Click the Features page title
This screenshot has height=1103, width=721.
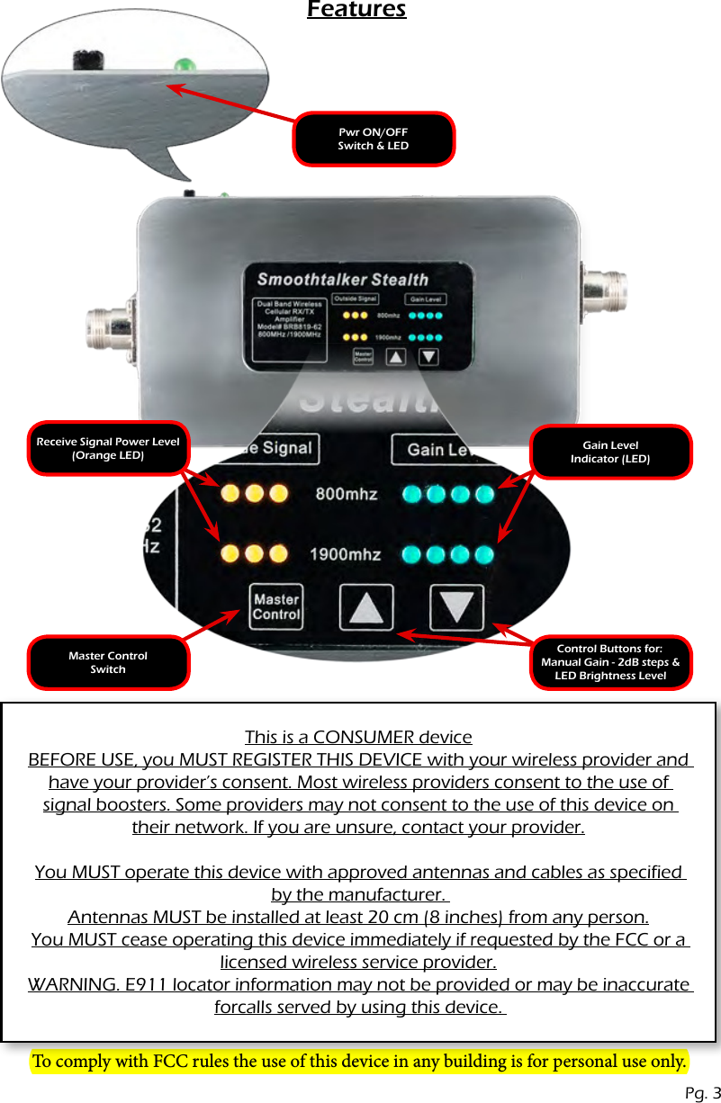tap(356, 10)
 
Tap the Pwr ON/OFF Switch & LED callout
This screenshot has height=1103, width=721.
tap(374, 139)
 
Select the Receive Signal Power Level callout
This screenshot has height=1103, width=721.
tap(108, 448)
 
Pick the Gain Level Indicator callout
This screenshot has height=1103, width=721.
tap(610, 452)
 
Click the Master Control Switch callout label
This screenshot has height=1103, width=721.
tap(108, 662)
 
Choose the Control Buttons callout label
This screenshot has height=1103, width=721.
tap(610, 662)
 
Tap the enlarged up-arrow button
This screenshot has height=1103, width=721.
tap(365, 607)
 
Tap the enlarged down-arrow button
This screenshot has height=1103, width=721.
tap(456, 607)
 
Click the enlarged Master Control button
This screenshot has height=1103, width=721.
tap(275, 607)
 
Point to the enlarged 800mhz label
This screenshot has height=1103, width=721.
tap(346, 494)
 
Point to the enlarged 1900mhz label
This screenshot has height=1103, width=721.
tap(345, 554)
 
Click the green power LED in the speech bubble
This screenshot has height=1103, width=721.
tap(185, 65)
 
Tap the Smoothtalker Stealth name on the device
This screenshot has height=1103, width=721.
tap(343, 279)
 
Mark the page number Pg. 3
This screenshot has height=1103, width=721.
tap(702, 1093)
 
